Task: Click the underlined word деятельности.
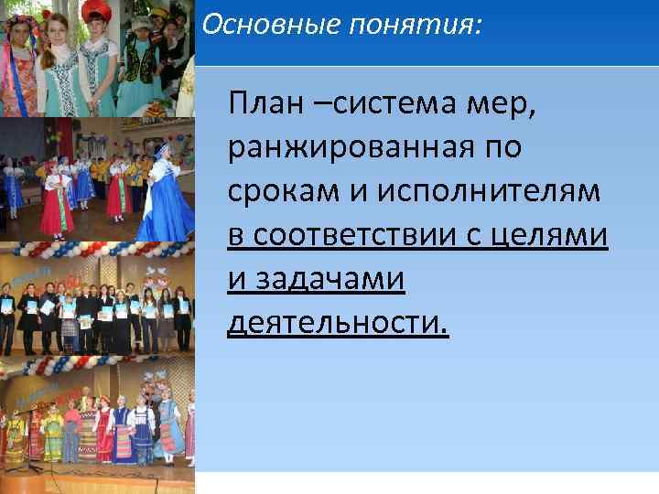[338, 325]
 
